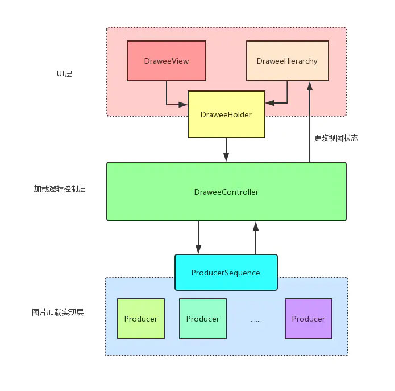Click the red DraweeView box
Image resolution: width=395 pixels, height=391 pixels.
(x=166, y=60)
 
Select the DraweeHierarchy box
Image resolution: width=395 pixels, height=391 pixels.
(x=287, y=60)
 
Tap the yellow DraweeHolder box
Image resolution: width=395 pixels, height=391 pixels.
(x=226, y=114)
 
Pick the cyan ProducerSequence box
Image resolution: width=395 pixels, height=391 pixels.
(x=226, y=273)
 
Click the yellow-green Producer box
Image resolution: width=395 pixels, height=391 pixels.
(x=140, y=319)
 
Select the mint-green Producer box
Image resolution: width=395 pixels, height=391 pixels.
(x=202, y=319)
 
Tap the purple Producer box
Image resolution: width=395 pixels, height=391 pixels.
(x=308, y=319)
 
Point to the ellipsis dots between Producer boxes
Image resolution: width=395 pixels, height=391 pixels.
(x=256, y=320)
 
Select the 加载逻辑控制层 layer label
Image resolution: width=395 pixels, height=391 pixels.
(x=60, y=189)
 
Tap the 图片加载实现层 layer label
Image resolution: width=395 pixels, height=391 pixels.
(x=58, y=312)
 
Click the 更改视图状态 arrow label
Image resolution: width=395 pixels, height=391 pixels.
(x=336, y=138)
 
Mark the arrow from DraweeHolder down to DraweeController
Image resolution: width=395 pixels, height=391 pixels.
(x=226, y=150)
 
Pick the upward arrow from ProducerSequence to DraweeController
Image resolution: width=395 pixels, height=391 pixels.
(x=255, y=237)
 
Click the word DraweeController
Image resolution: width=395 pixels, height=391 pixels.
(x=226, y=192)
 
